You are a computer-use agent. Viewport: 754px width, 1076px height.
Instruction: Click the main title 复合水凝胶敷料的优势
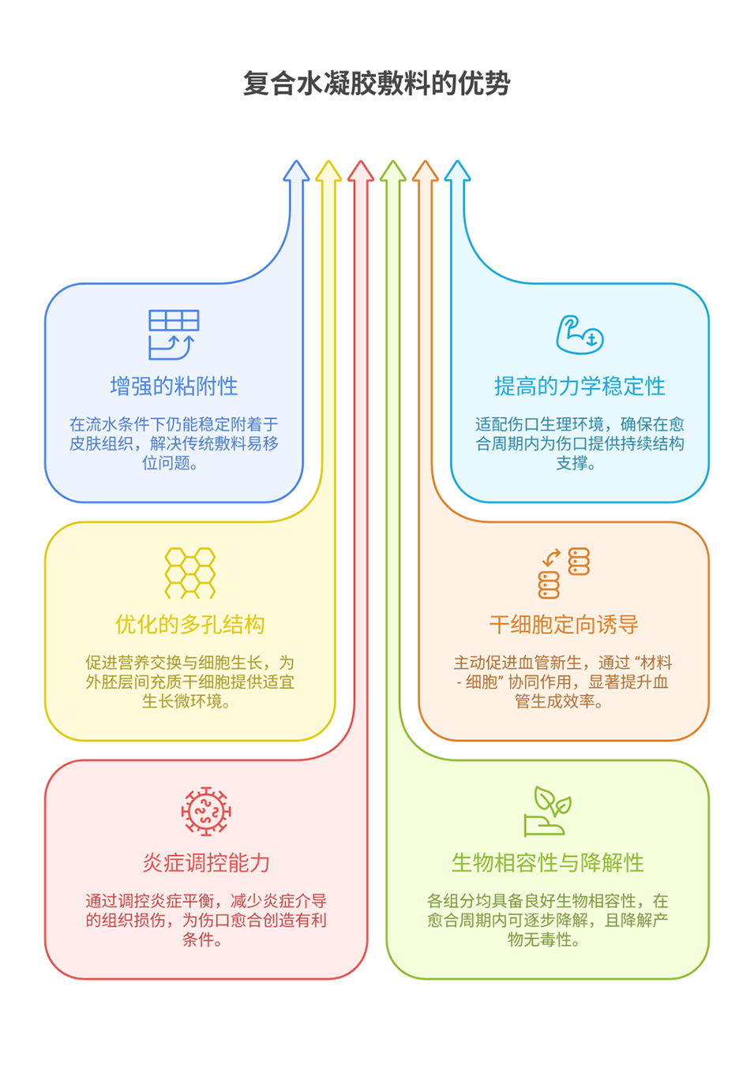(377, 84)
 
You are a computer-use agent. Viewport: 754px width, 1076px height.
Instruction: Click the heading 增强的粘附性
(174, 387)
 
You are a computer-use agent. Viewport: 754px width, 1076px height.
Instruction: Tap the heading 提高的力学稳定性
(580, 387)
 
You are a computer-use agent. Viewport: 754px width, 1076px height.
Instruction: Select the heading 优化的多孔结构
(189, 625)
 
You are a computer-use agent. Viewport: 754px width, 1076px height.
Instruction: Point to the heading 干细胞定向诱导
(564, 625)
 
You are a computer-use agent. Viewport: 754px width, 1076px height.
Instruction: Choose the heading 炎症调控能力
(206, 863)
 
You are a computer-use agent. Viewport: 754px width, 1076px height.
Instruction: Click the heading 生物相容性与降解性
(547, 863)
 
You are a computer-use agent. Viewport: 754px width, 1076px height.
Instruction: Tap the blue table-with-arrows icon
(174, 334)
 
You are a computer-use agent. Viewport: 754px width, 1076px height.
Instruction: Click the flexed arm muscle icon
(580, 334)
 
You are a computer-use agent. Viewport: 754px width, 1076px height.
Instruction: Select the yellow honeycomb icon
(189, 573)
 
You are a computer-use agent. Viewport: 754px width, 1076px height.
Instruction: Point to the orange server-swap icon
(564, 573)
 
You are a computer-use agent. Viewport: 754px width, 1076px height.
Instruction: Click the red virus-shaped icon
(206, 811)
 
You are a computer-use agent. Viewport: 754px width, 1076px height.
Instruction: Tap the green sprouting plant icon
(547, 811)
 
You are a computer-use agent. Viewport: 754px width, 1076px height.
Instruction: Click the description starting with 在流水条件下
(174, 443)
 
